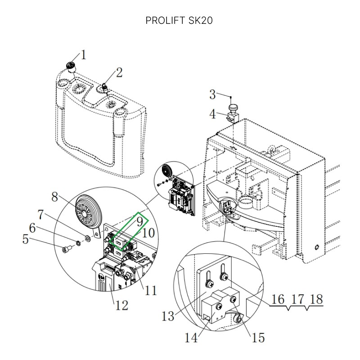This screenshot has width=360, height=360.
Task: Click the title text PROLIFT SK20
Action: pos(179,21)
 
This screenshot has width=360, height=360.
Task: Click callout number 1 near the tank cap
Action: pos(84,56)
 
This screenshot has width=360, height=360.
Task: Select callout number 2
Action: pos(119,72)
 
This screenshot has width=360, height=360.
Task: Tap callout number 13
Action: pos(168,316)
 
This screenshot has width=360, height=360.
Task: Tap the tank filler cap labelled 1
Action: pos(71,67)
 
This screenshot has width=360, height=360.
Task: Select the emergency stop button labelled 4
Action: pos(234,109)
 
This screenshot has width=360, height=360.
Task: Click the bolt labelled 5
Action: pos(67,248)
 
